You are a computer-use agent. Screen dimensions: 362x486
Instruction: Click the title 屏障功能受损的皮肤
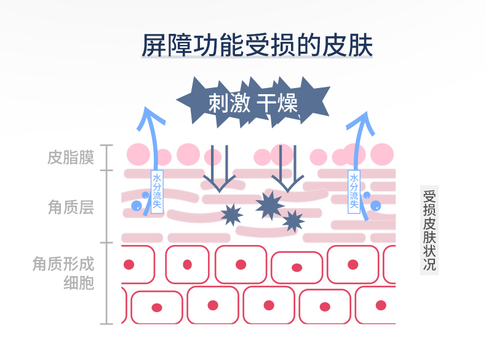[257, 46]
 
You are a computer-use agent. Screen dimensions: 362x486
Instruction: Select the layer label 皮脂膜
[71, 158]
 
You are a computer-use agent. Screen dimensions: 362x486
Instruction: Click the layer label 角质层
[71, 207]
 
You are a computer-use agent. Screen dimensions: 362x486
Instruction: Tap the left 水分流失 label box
[157, 191]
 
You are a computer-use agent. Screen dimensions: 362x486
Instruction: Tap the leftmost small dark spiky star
[231, 214]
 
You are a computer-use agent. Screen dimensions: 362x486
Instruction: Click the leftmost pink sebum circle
[138, 154]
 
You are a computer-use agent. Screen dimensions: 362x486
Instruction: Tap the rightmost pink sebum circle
[382, 154]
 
